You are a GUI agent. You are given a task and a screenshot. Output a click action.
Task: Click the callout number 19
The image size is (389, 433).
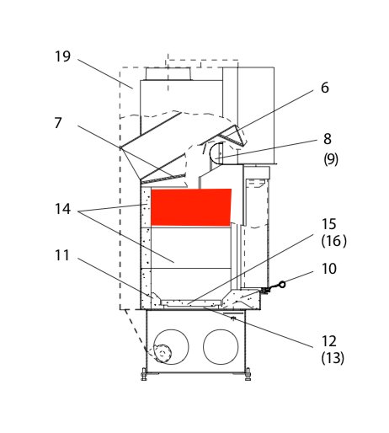tap(62, 56)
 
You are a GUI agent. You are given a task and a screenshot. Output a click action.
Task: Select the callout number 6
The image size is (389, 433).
tap(325, 88)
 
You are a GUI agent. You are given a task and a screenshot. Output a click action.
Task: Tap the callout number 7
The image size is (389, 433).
tap(58, 123)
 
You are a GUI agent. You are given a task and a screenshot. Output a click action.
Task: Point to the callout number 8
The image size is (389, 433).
tap(328, 139)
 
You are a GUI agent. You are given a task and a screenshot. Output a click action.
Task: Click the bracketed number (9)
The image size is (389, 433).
tap(331, 159)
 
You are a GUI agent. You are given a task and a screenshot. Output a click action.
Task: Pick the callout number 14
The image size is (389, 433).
tap(62, 209)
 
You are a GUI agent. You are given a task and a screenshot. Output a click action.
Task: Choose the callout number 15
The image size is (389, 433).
tap(328, 224)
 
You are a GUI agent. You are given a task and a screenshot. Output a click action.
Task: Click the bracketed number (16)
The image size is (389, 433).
tap(334, 241)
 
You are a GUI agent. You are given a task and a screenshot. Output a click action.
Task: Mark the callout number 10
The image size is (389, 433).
tap(328, 269)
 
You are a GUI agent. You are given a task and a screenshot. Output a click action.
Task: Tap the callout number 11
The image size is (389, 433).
tap(62, 255)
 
